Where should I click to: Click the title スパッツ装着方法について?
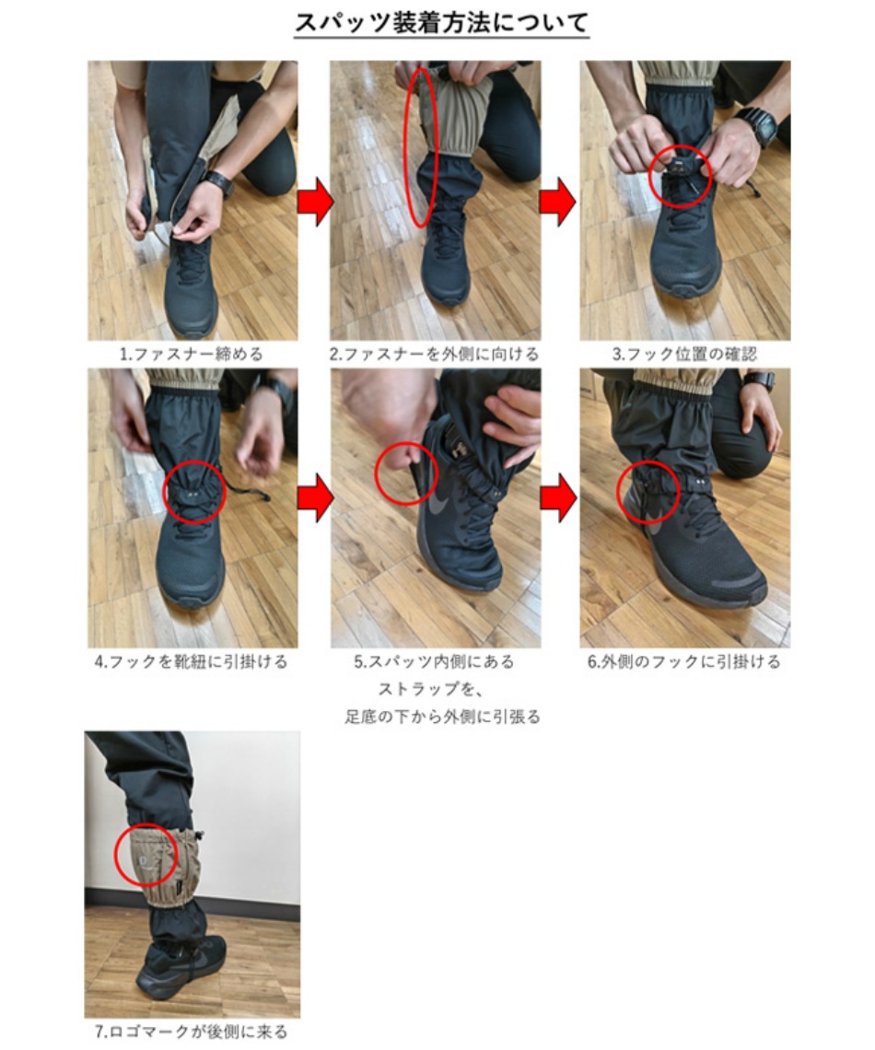(441, 23)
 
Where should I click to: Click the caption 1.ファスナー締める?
(192, 354)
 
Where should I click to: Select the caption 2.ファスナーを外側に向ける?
(435, 354)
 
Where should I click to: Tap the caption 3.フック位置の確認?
(684, 354)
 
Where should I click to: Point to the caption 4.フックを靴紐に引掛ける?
(192, 661)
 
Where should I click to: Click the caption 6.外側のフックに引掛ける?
(684, 661)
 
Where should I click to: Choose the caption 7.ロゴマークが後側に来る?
(192, 1032)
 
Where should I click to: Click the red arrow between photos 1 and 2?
(314, 204)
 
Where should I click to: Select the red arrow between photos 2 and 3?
(557, 204)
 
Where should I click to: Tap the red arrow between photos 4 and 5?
(314, 498)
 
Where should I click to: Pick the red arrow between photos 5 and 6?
(557, 498)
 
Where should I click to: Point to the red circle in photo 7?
(146, 857)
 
